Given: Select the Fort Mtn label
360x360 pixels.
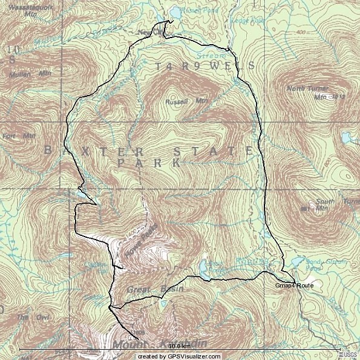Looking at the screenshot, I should point(19,136).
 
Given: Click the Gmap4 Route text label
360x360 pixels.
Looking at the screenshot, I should point(295,285).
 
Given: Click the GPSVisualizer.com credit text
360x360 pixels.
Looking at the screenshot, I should point(180,356).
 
